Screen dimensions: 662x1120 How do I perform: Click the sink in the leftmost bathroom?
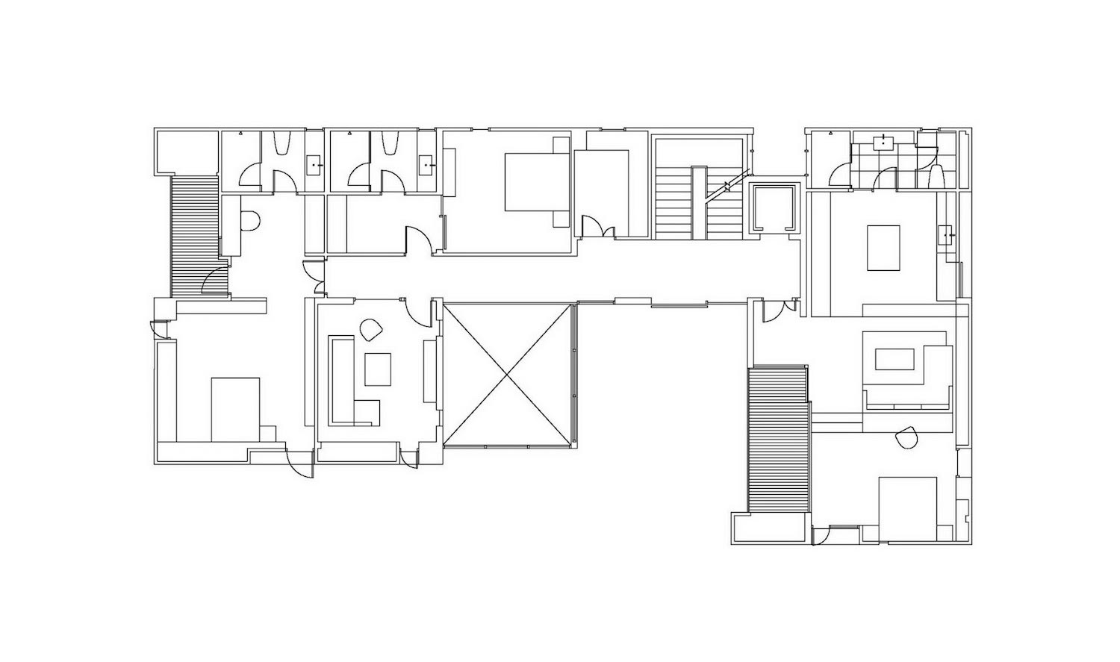click(314, 162)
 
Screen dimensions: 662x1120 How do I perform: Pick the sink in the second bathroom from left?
click(428, 162)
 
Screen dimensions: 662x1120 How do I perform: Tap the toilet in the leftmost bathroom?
click(282, 143)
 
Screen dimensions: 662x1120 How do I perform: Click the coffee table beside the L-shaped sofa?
click(378, 369)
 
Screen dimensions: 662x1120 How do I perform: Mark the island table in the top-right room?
click(884, 248)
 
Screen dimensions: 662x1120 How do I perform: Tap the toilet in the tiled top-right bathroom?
click(936, 177)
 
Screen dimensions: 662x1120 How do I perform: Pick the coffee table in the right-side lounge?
click(898, 359)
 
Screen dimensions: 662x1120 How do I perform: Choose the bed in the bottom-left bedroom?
click(235, 409)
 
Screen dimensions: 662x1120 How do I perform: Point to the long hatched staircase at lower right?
click(777, 440)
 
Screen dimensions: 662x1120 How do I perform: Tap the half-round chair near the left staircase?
click(250, 221)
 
